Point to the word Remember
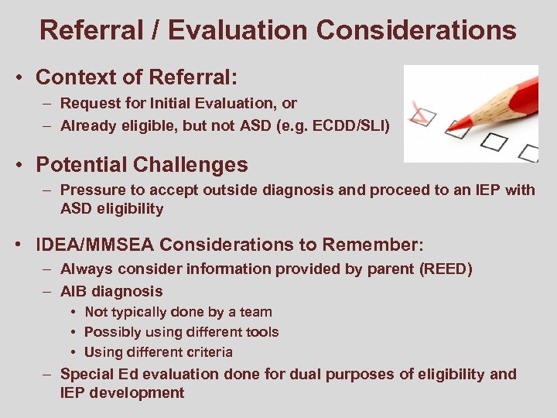pos(371,245)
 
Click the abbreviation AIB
pos(75,291)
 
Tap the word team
pos(256,312)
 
